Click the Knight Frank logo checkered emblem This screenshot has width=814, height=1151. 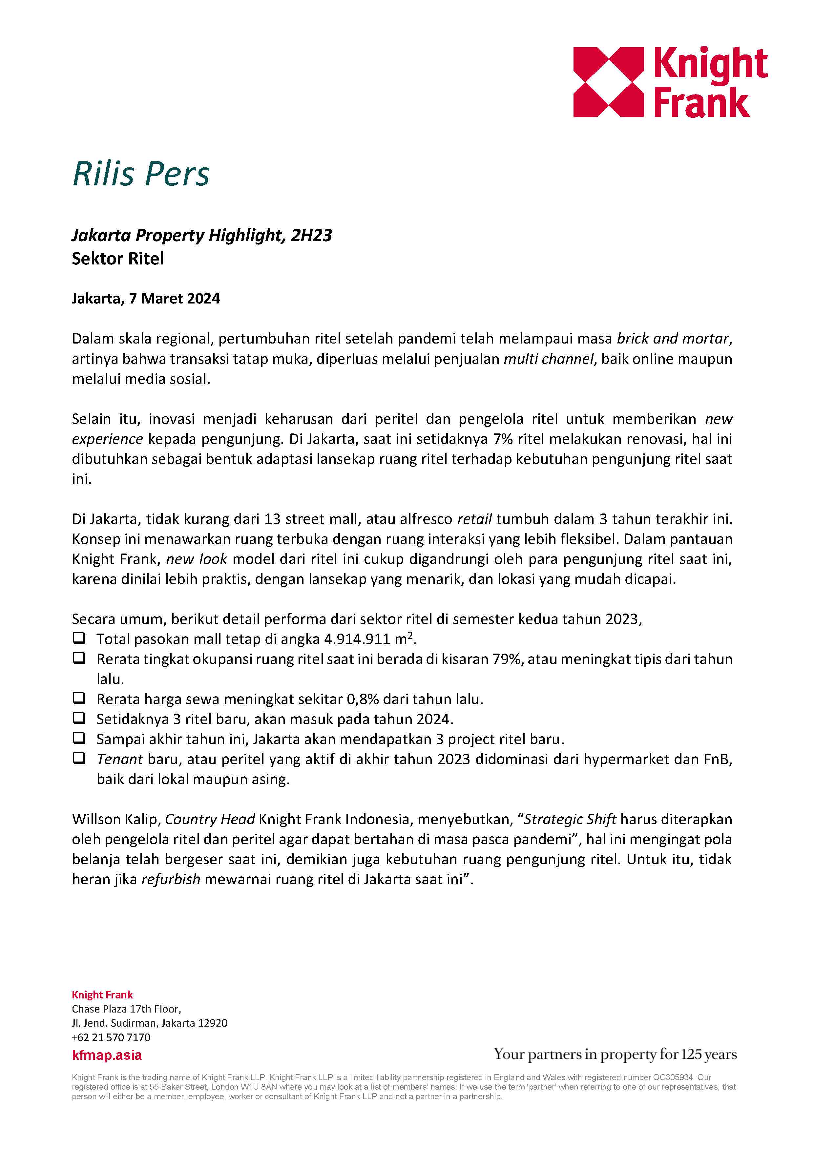click(x=608, y=82)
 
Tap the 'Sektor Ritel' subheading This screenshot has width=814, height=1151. click(x=118, y=259)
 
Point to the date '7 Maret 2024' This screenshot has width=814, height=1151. click(x=175, y=299)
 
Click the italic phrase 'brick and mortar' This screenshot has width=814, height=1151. click(x=672, y=339)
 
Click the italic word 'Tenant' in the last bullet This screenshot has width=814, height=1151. click(x=120, y=760)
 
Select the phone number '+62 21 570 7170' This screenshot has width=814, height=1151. click(x=111, y=1037)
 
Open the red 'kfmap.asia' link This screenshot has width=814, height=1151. click(x=106, y=1055)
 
